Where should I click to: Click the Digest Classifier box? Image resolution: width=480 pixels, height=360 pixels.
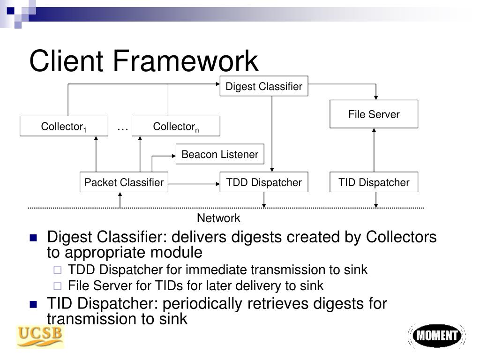coord(264,86)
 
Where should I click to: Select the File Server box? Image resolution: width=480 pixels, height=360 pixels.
coord(374,114)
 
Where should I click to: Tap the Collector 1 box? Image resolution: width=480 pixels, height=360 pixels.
coord(64,126)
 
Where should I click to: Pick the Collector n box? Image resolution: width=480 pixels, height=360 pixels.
coord(176,126)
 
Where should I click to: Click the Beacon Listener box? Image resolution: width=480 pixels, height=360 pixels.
coord(220,154)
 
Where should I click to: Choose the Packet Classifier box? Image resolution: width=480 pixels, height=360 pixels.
coord(124,182)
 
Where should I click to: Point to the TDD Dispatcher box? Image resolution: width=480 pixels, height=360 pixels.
coord(264,182)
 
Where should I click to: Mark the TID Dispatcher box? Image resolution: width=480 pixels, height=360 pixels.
coord(374,182)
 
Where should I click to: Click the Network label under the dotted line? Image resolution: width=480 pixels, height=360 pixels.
coord(218,218)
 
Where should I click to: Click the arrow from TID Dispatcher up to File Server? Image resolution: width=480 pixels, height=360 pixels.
coord(374,150)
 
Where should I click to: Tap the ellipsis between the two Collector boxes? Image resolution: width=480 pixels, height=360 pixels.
coord(122,127)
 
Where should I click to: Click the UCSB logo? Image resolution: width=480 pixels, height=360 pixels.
coord(40,337)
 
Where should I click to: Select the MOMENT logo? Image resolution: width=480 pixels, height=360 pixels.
coord(436,336)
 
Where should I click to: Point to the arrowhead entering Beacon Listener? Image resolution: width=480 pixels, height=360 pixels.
coord(173,155)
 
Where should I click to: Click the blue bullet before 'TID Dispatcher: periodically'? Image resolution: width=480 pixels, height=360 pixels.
coord(33,304)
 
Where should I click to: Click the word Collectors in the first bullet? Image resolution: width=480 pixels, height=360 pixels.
coord(401,237)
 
